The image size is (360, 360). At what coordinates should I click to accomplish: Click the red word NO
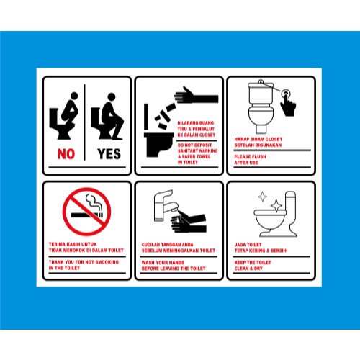pyautogui.click(x=66, y=153)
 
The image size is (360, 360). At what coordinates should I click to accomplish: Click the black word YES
pyautogui.click(x=109, y=153)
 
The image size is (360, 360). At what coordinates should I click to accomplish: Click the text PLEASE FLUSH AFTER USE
pyautogui.click(x=253, y=160)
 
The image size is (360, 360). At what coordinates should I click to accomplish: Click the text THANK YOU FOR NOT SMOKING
pyautogui.click(x=84, y=266)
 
